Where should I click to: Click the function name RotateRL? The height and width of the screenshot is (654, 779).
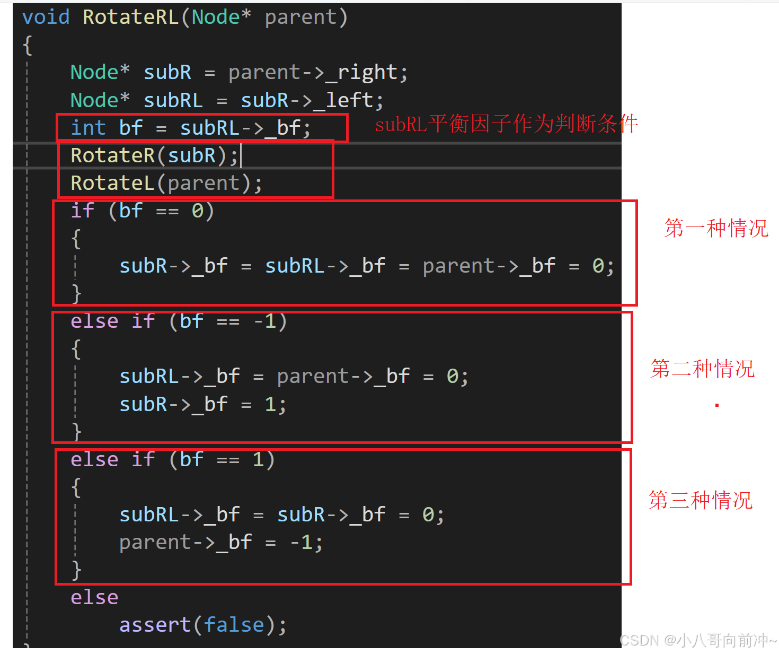[130, 17]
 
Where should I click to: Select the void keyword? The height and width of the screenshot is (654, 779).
[46, 17]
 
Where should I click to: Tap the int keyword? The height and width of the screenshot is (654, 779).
[88, 128]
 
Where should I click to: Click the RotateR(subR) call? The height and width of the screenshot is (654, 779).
[154, 155]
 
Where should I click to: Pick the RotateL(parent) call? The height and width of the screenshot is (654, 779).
[166, 183]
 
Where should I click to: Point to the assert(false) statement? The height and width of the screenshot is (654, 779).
[202, 625]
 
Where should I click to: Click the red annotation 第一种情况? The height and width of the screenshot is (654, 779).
[716, 228]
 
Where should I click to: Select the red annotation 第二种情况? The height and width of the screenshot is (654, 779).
[702, 369]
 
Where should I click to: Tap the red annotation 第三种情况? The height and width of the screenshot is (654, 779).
[700, 500]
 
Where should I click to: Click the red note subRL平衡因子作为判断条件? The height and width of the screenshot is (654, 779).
[506, 124]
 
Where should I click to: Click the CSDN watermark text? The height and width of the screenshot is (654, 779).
[698, 640]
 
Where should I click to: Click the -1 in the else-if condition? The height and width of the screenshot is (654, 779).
[264, 321]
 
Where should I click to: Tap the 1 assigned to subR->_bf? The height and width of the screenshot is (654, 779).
[270, 404]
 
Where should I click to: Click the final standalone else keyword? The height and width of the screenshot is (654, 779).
[94, 597]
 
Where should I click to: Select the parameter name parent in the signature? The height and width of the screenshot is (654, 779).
[300, 17]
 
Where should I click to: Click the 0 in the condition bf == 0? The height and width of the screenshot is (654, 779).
[198, 211]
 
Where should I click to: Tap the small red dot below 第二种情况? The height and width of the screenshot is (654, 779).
[717, 405]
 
